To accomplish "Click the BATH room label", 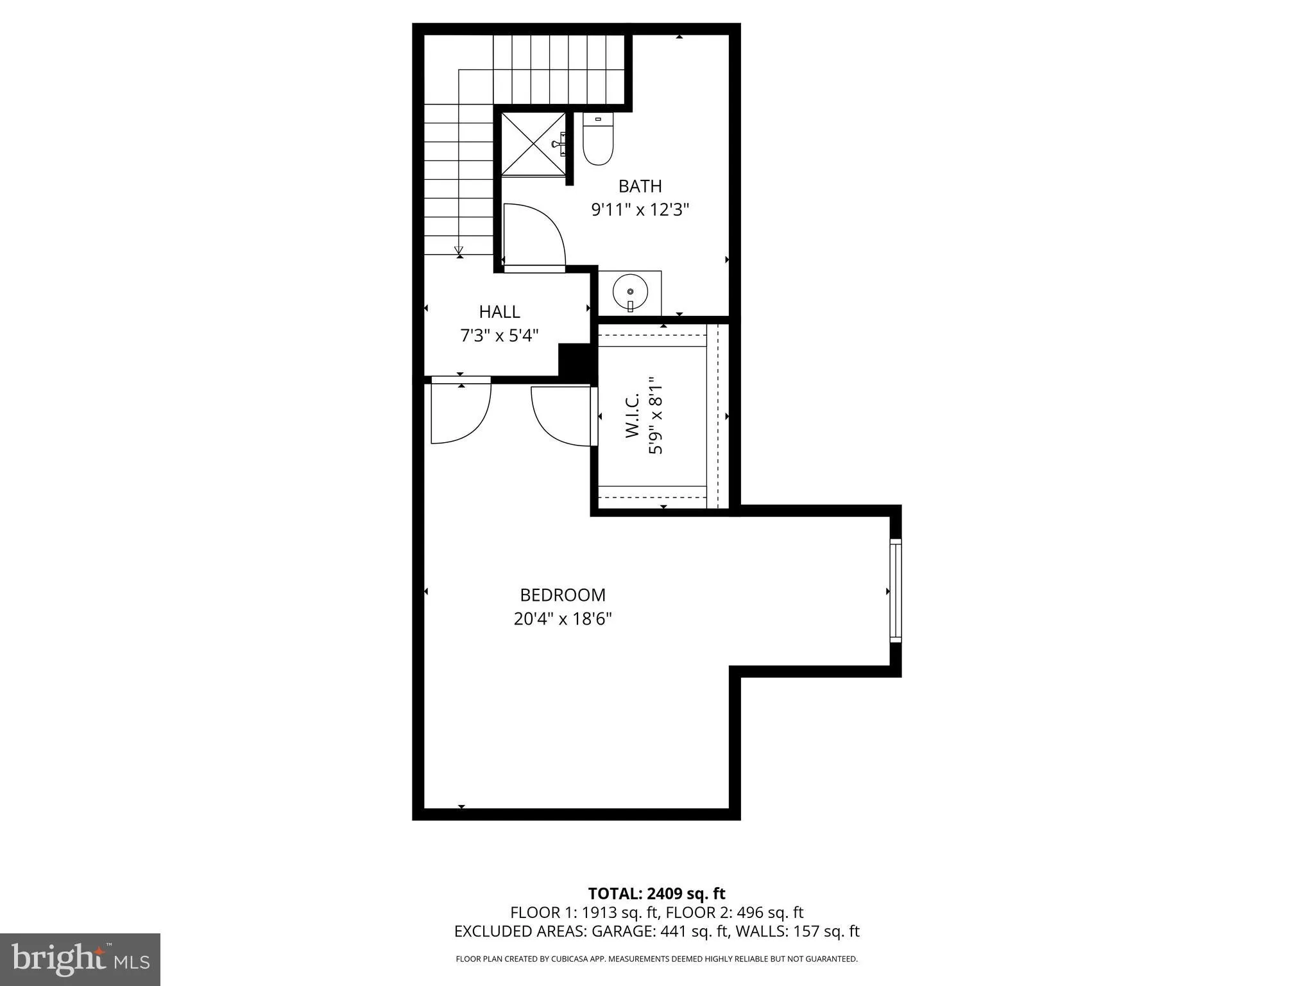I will coord(640,186).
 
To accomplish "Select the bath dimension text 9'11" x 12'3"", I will coord(640,210).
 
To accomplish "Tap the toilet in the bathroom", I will coord(598,140).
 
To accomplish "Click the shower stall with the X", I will coord(533,144).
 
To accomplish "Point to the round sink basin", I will coord(630,293).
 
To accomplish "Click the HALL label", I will coord(499,312).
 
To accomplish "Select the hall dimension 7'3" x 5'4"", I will coord(499,335).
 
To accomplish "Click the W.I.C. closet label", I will coord(633,416).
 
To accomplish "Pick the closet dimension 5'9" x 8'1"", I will coord(655,416).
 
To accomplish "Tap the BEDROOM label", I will coord(562,595).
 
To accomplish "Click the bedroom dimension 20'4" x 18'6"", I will coord(562,619).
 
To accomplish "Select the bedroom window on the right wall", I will coord(895,591).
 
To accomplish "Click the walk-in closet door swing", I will coord(559,416).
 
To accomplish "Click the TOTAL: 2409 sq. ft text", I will coord(656,894).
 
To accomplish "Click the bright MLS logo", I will coord(80,959).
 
